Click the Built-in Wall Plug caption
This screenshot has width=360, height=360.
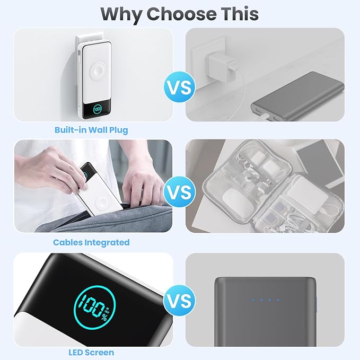pos(91,130)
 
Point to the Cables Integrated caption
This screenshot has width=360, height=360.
pos(91,242)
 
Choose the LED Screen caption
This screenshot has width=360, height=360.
pos(91,352)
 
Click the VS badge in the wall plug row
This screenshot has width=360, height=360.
pos(179,87)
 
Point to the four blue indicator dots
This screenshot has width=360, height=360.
pos(264,300)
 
